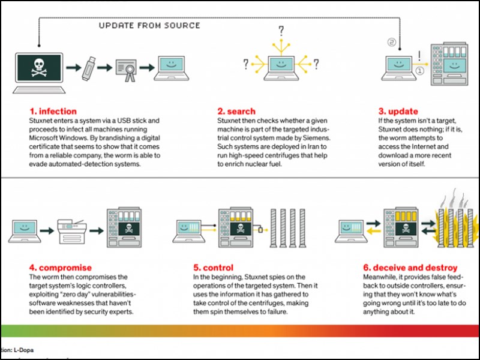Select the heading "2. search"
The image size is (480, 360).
tap(236, 111)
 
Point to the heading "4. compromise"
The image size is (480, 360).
tap(61, 268)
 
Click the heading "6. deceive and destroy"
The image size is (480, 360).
tap(410, 268)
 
